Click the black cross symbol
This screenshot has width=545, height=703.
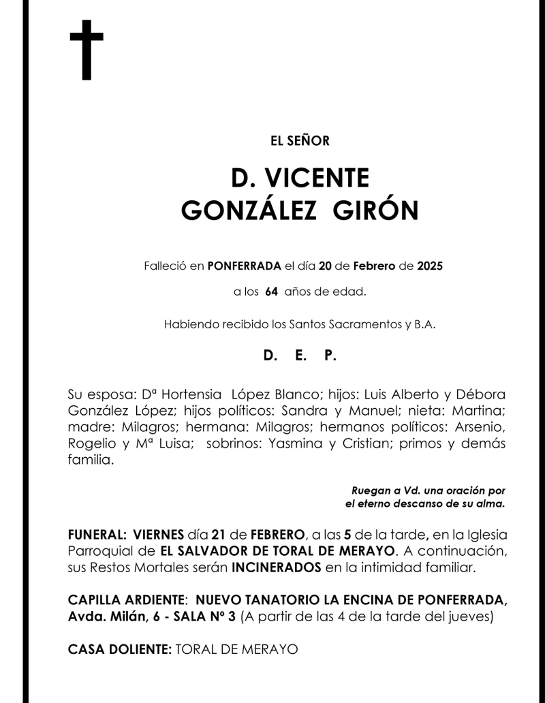[x=87, y=50]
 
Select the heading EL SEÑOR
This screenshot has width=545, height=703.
[x=300, y=142]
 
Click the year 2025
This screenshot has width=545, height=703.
[x=430, y=266]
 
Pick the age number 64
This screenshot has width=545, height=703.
[x=271, y=292]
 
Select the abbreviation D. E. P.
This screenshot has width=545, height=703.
[x=300, y=356]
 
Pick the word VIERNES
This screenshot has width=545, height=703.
[x=159, y=534]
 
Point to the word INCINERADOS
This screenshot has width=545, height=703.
[x=276, y=567]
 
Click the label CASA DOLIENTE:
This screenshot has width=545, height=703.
[x=120, y=650]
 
